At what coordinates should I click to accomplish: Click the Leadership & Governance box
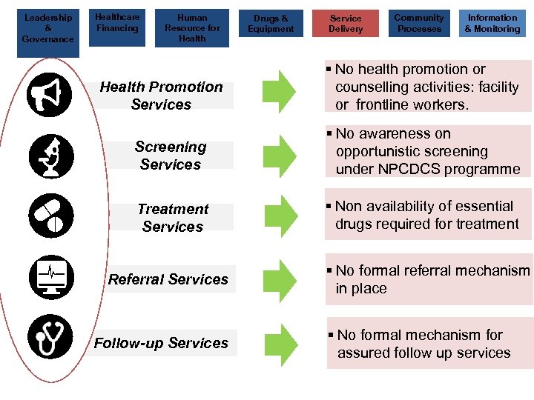coord(47,28)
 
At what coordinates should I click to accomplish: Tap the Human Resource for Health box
coord(192,28)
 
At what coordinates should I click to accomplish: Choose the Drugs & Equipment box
coord(271,23)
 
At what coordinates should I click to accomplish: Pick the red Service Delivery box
coord(346,23)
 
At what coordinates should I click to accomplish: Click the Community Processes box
coord(419,23)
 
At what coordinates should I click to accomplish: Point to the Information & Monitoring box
coord(492,23)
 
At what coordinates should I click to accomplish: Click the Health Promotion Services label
coord(161,96)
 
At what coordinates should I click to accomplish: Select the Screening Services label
coord(171,156)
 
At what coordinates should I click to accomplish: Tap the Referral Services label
coord(168,279)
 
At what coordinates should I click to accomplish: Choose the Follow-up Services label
coord(161,343)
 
